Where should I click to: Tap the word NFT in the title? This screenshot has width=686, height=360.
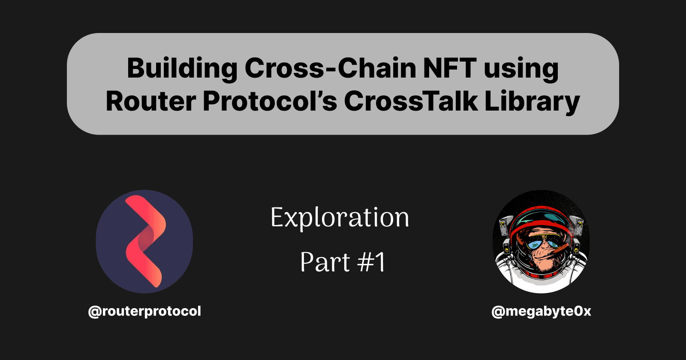pos(449,69)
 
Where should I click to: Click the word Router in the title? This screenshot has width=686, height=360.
pos(150,102)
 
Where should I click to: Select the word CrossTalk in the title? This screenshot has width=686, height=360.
pos(411,102)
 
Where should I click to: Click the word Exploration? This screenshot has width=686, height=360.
pos(340,218)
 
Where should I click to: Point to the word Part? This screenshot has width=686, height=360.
pos(325,262)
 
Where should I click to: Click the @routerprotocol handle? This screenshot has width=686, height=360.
pos(144,311)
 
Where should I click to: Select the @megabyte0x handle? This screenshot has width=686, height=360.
pos(541,311)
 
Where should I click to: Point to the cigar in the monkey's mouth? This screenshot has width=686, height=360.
pos(562,249)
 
